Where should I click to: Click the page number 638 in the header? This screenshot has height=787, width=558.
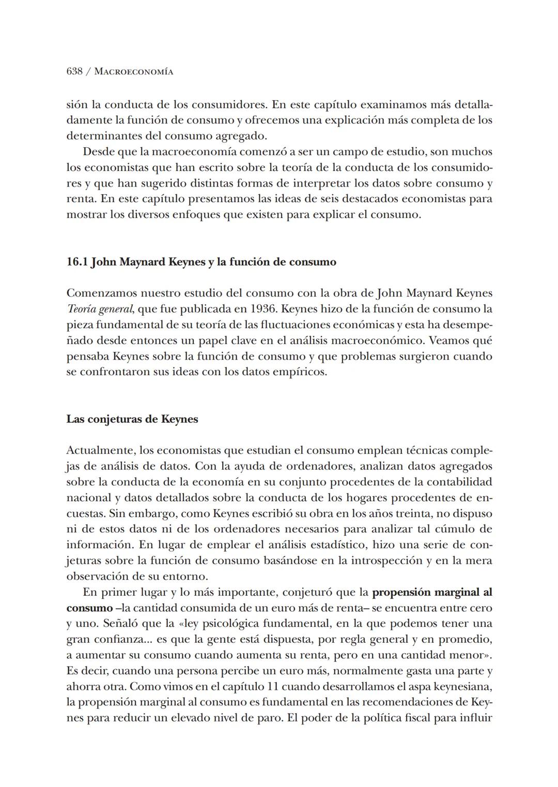tap(74, 71)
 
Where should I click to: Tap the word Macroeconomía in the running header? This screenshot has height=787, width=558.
tap(134, 72)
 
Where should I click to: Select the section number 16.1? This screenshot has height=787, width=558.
tap(78, 262)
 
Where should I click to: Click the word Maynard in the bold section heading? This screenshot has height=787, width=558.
tap(143, 262)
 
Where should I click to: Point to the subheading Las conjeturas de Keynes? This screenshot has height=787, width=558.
tap(132, 419)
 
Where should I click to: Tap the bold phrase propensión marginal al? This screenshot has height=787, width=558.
tap(432, 592)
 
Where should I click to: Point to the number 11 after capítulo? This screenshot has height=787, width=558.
tap(274, 687)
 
